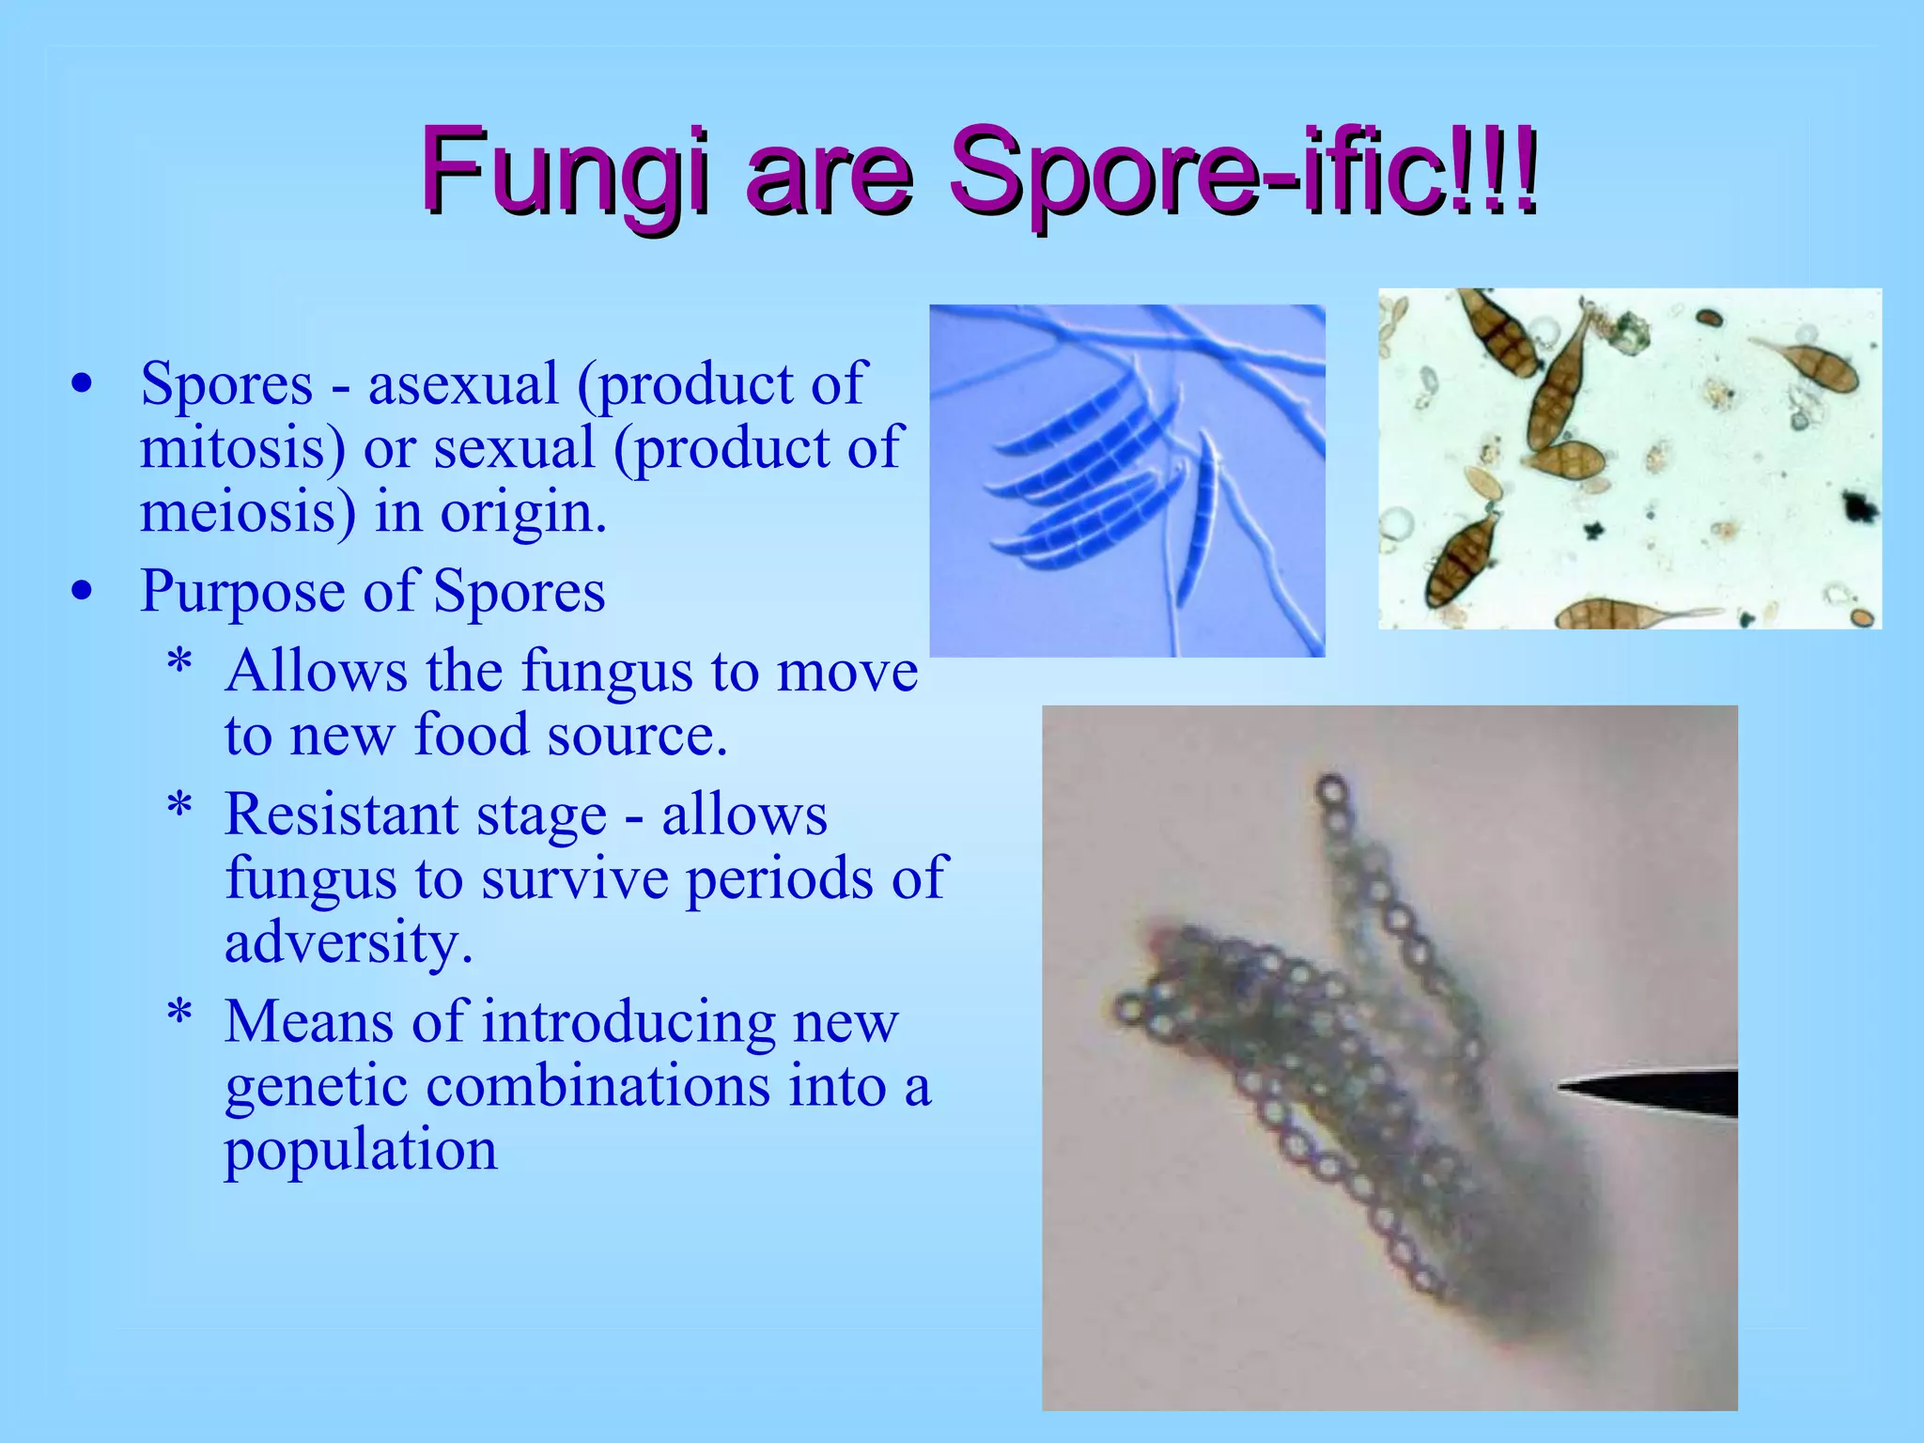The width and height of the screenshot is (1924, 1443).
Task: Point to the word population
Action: point(361,1151)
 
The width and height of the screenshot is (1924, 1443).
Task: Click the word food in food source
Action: point(473,735)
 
